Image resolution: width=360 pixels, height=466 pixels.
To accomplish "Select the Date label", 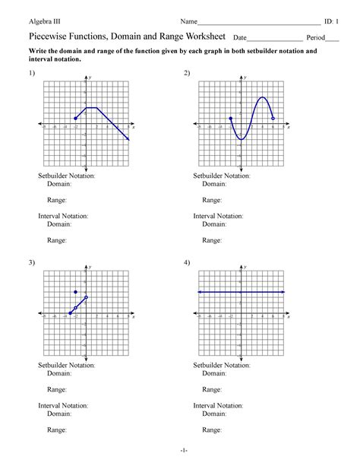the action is pyautogui.click(x=240, y=37).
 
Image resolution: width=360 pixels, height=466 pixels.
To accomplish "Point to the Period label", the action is pyautogui.click(x=315, y=37).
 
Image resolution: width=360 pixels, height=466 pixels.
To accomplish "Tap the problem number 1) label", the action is pyautogui.click(x=32, y=72).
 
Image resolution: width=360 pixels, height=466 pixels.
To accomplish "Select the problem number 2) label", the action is pyautogui.click(x=187, y=72).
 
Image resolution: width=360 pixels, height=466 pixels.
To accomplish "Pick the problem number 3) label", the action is pyautogui.click(x=32, y=262).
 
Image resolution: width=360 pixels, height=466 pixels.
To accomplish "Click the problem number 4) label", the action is pyautogui.click(x=187, y=262).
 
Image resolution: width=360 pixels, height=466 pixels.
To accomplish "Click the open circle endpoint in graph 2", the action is pyautogui.click(x=273, y=119).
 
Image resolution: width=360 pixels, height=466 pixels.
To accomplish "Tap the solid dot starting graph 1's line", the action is pyautogui.click(x=75, y=119).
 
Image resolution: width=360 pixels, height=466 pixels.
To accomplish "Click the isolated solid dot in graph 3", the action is pyautogui.click(x=75, y=292).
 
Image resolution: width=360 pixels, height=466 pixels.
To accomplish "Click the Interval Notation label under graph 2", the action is pyautogui.click(x=219, y=216).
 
